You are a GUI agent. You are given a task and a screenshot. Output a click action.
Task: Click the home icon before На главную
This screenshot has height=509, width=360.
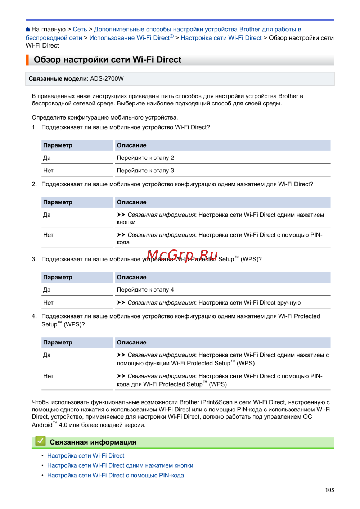[x=28, y=30]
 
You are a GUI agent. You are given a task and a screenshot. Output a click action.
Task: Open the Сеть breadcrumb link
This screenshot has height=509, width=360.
[x=80, y=30]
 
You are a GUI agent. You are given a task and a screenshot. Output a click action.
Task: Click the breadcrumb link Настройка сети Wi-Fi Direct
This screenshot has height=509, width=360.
[x=221, y=38]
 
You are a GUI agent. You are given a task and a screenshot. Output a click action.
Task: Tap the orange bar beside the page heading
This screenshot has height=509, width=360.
[x=27, y=60]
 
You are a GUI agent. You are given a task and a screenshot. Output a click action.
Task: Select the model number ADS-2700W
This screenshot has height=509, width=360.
[x=107, y=79]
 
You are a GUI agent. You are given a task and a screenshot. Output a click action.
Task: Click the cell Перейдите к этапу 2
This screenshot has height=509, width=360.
[x=145, y=158]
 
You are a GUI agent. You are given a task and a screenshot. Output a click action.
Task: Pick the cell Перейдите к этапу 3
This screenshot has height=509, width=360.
[x=145, y=171]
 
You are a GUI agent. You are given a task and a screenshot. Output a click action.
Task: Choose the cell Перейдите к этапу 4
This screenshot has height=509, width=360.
[x=145, y=290]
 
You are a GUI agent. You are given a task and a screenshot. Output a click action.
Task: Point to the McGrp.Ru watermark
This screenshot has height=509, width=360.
[x=182, y=256]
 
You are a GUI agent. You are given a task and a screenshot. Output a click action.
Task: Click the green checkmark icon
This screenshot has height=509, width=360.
[x=40, y=441]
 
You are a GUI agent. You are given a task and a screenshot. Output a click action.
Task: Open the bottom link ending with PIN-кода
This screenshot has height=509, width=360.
[x=115, y=476]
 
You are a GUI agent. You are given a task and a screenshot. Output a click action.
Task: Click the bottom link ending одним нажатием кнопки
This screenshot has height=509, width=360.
[x=120, y=465]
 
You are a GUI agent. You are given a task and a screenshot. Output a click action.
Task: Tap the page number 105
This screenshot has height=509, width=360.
[x=329, y=490]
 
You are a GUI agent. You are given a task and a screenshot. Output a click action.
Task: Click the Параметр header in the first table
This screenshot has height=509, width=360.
[x=58, y=145]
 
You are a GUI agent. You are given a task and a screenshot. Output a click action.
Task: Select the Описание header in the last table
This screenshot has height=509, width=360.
[x=131, y=343]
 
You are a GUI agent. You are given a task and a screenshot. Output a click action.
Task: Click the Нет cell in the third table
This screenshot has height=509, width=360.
[x=48, y=303]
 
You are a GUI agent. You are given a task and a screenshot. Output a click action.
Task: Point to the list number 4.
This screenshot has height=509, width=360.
[x=34, y=316]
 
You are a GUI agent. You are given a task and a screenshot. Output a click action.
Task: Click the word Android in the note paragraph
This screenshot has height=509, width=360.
[x=42, y=425]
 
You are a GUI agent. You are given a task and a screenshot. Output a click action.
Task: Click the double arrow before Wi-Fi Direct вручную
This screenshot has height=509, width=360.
[x=121, y=303]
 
